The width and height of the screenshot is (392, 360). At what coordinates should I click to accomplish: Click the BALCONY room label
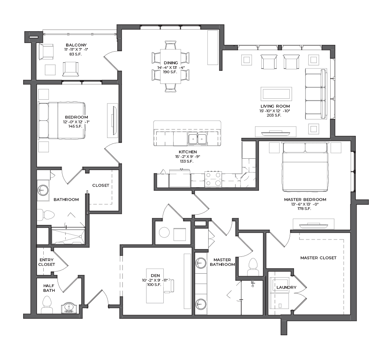point(76,45)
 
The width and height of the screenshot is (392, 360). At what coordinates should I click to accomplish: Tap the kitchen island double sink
point(198,139)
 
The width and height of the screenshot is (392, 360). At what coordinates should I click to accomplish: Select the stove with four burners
point(213,179)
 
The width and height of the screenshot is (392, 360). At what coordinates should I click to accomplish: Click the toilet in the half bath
point(47,304)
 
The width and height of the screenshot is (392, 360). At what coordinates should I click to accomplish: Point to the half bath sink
point(68,308)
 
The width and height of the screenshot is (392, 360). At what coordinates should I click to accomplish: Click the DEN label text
point(155,276)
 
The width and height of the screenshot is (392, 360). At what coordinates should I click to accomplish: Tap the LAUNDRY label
point(287,288)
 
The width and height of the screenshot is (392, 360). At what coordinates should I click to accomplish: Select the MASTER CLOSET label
point(318,258)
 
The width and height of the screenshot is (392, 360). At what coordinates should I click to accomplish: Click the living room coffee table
point(276,94)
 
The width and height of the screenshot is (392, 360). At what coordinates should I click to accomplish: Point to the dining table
point(171,67)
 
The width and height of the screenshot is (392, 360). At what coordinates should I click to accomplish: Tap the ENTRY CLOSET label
point(46,262)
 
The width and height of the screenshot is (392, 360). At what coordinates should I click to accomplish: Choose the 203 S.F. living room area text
point(274,115)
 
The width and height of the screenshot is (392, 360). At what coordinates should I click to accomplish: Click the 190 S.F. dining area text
point(170,72)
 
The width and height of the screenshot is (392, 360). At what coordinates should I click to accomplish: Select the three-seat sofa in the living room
point(316,94)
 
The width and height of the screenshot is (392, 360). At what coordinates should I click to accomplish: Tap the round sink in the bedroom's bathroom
point(43,190)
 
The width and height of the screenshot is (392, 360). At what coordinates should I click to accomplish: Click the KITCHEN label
point(188,152)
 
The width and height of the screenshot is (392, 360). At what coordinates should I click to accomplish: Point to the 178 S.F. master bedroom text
point(304,209)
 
